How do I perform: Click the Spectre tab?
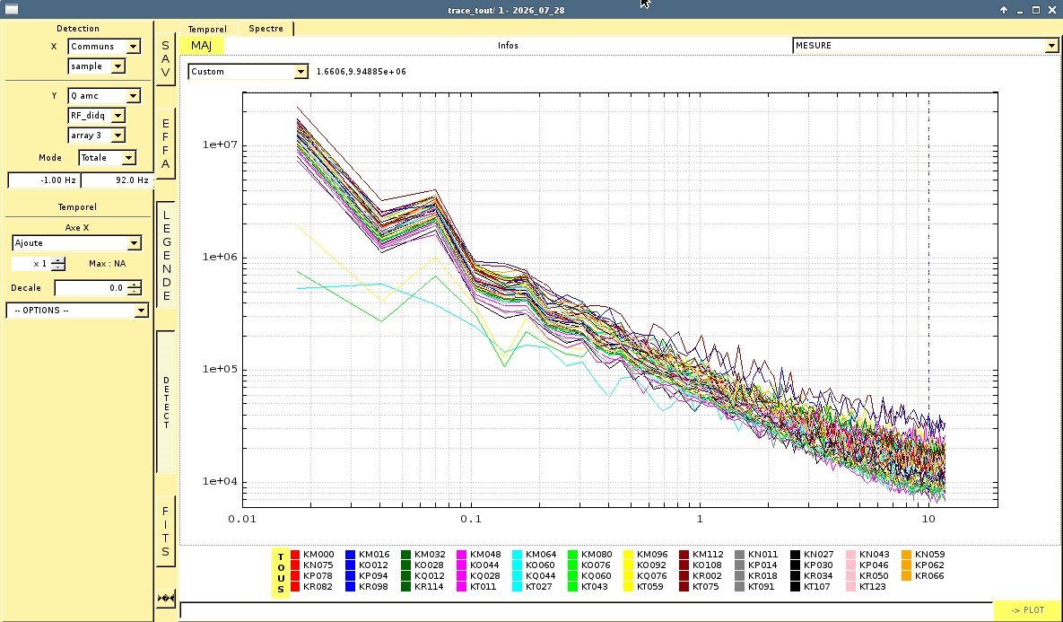pos(266,29)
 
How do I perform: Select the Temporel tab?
pos(207,29)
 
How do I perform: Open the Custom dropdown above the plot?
pos(248,71)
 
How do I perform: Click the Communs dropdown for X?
pos(104,46)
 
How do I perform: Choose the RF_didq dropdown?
pos(97,115)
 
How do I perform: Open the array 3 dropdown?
pos(97,135)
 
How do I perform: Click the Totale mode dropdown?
pos(107,157)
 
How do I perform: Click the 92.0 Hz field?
pos(118,180)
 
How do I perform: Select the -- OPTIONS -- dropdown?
pos(77,310)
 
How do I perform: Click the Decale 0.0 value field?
pos(99,287)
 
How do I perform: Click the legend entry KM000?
pos(312,554)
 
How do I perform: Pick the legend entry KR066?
pos(923,576)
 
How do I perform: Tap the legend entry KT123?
pos(867,587)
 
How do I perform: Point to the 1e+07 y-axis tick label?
pos(219,145)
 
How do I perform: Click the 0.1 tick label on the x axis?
pos(470,519)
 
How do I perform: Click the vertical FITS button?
pos(165,531)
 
